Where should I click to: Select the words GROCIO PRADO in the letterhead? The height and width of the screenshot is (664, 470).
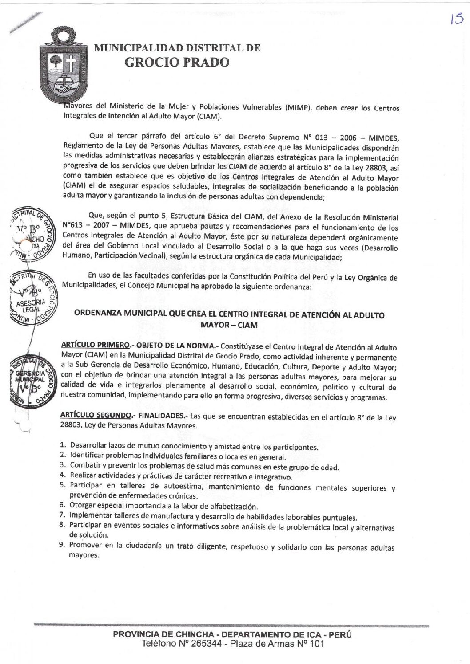tap(177, 63)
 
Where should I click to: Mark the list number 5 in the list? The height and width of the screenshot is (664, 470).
tap(63, 485)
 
